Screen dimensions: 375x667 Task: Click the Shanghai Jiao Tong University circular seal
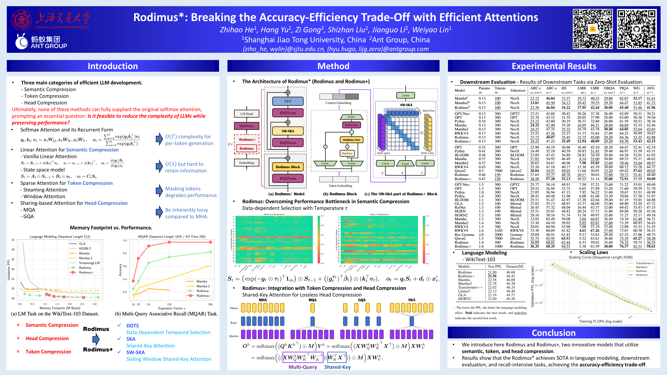point(21,20)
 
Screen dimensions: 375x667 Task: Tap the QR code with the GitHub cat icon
point(637,29)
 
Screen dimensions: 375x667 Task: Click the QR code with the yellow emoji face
point(593,29)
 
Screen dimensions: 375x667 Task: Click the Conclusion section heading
point(554,333)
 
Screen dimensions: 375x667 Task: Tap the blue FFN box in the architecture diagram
point(288,101)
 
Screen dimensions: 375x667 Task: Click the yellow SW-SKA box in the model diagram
point(288,131)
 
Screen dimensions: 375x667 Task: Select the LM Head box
point(247,114)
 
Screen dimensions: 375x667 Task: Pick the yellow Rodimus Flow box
point(351,140)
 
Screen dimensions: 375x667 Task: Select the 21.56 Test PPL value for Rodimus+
point(492,276)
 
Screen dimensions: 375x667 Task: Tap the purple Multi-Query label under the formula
point(303,367)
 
